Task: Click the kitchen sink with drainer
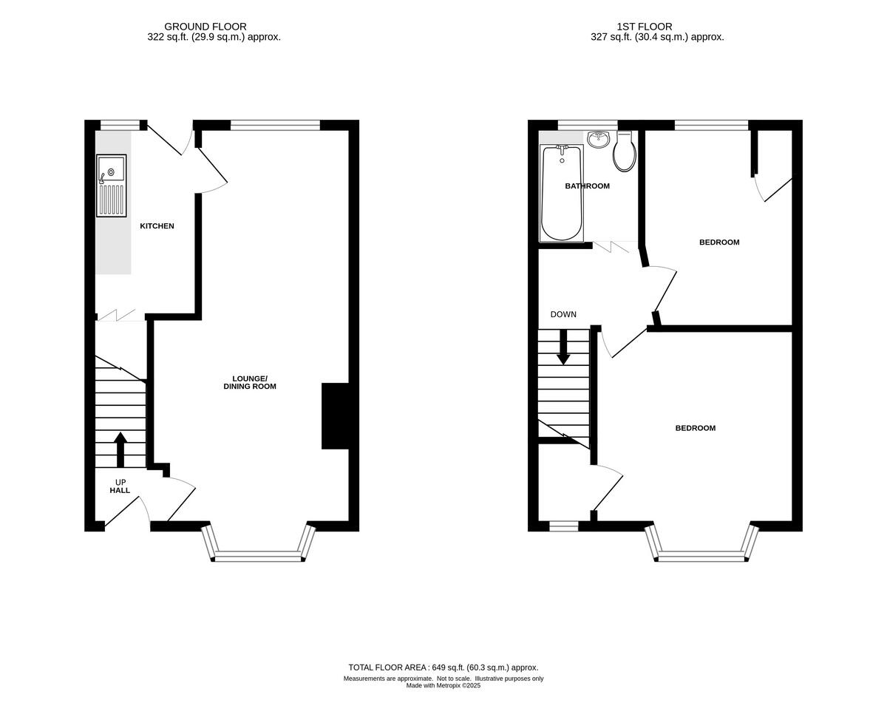point(112,186)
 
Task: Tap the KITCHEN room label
point(157,226)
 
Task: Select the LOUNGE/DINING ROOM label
point(250,382)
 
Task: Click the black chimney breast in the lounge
point(335,416)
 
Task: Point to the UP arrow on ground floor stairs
point(120,449)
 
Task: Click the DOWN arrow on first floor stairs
point(563,347)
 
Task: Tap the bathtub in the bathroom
point(562,193)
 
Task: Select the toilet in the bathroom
point(625,152)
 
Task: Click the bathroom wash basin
point(598,139)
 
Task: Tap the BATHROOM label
point(587,186)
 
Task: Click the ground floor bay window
point(258,556)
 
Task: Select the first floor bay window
point(701,556)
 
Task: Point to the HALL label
point(120,490)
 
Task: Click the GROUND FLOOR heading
point(205,27)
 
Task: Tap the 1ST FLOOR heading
point(645,27)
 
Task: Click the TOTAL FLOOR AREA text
point(443,667)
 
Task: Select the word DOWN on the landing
point(563,315)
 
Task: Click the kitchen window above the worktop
point(120,125)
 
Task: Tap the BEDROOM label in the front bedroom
point(695,428)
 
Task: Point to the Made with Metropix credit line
point(443,685)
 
